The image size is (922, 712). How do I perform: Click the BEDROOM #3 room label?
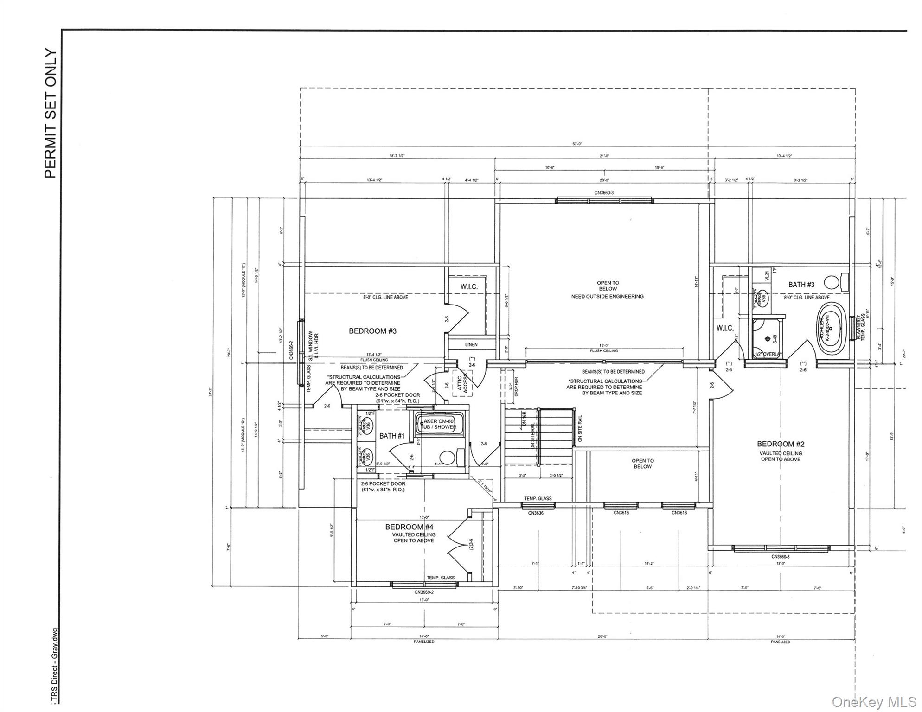pyautogui.click(x=373, y=331)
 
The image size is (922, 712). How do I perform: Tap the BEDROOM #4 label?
pyautogui.click(x=410, y=527)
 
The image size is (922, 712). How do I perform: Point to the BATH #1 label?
pyautogui.click(x=392, y=436)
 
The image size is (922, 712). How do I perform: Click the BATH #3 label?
pyautogui.click(x=801, y=285)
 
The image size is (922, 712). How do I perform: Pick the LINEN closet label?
pyautogui.click(x=471, y=344)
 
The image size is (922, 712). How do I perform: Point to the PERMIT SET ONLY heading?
pyautogui.click(x=51, y=114)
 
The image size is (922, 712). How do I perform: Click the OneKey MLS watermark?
pyautogui.click(x=874, y=702)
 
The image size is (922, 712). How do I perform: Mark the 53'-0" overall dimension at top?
pyautogui.click(x=577, y=144)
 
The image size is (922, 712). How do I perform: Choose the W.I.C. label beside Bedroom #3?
pyautogui.click(x=469, y=287)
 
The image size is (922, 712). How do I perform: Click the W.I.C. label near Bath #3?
pyautogui.click(x=725, y=328)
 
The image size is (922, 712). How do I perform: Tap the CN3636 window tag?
pyautogui.click(x=536, y=513)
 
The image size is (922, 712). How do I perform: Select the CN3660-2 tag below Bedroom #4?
pyautogui.click(x=424, y=592)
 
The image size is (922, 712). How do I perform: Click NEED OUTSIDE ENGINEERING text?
pyautogui.click(x=607, y=296)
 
